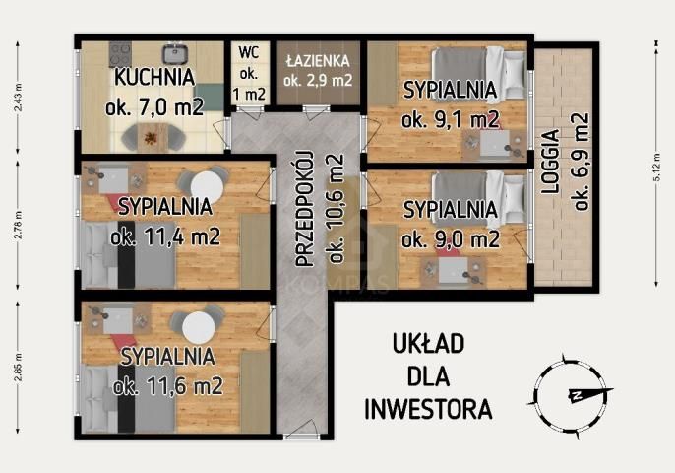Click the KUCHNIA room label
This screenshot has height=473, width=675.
153,77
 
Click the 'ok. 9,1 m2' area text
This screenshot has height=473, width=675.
450,119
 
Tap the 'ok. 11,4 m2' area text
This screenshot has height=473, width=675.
164,236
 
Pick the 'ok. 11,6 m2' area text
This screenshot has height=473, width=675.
165,384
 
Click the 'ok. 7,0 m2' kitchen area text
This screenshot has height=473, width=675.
153,106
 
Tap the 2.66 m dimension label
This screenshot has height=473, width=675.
18,366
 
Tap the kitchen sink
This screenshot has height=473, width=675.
177,53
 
